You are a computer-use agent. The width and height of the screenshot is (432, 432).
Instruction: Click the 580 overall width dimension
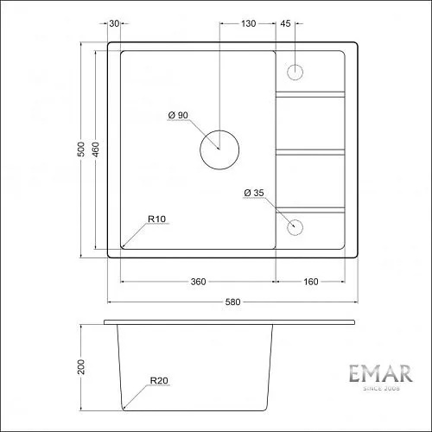pyautogui.click(x=232, y=302)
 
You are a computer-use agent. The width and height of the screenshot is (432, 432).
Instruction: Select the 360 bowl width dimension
pyautogui.click(x=198, y=282)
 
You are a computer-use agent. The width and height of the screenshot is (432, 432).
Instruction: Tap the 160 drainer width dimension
pyautogui.click(x=311, y=282)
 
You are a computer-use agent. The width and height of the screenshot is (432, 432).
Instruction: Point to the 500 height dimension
pyautogui.click(x=82, y=149)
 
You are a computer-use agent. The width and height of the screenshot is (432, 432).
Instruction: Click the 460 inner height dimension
pyautogui.click(x=97, y=149)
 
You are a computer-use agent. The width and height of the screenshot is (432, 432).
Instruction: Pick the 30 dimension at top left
pyautogui.click(x=114, y=23)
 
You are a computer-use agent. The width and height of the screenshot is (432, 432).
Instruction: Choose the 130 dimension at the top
pyautogui.click(x=248, y=23)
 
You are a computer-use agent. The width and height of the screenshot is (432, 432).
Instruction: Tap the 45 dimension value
pyautogui.click(x=285, y=23)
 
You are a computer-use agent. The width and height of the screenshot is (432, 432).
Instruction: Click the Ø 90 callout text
pyautogui.click(x=178, y=115)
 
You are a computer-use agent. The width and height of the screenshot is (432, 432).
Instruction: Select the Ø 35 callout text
pyautogui.click(x=254, y=193)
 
